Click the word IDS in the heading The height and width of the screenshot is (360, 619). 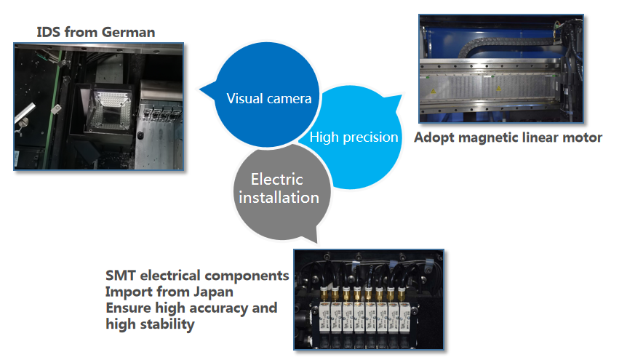pyautogui.click(x=50, y=32)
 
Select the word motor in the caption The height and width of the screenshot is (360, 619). pyautogui.click(x=583, y=137)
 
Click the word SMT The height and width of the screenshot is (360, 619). pyautogui.click(x=121, y=276)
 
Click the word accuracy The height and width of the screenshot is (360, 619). pyautogui.click(x=211, y=308)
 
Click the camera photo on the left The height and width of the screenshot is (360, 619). pyautogui.click(x=98, y=106)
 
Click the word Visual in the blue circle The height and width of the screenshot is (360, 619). pyautogui.click(x=244, y=98)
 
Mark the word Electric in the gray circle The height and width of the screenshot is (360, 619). pyautogui.click(x=276, y=180)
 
